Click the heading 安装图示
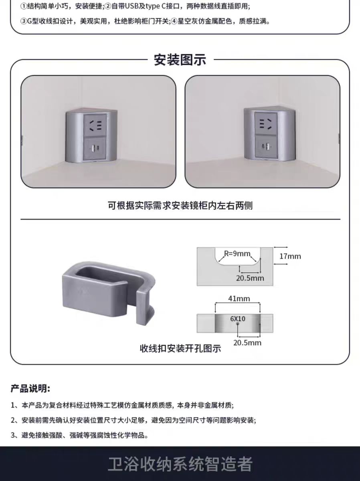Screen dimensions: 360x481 click(180, 60)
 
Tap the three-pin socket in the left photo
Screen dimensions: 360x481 click(95, 125)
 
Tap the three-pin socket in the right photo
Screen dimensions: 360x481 click(266, 124)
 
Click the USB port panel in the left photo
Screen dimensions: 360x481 click(95, 148)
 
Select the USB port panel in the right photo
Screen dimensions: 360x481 click(266, 147)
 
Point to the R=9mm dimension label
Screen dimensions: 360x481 click(237, 254)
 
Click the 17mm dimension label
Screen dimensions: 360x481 click(290, 256)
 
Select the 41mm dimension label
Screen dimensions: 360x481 click(239, 299)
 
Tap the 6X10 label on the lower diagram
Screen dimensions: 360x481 click(237, 319)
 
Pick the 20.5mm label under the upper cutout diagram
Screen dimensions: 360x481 click(250, 278)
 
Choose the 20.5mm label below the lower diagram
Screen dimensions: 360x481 click(247, 342)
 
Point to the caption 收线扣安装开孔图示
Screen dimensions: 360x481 click(180, 349)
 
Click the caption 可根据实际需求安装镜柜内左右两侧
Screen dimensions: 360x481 click(180, 206)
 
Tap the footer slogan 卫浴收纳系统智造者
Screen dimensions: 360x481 click(180, 464)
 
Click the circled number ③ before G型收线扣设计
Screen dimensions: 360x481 click(23, 22)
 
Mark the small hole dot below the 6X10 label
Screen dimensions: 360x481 click(237, 324)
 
